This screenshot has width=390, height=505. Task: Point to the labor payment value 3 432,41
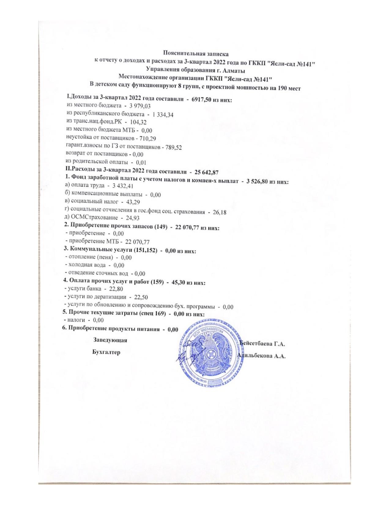[x=123, y=186]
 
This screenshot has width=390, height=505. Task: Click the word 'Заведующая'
[x=110, y=340]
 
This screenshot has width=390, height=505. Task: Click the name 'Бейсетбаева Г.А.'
[x=262, y=344]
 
